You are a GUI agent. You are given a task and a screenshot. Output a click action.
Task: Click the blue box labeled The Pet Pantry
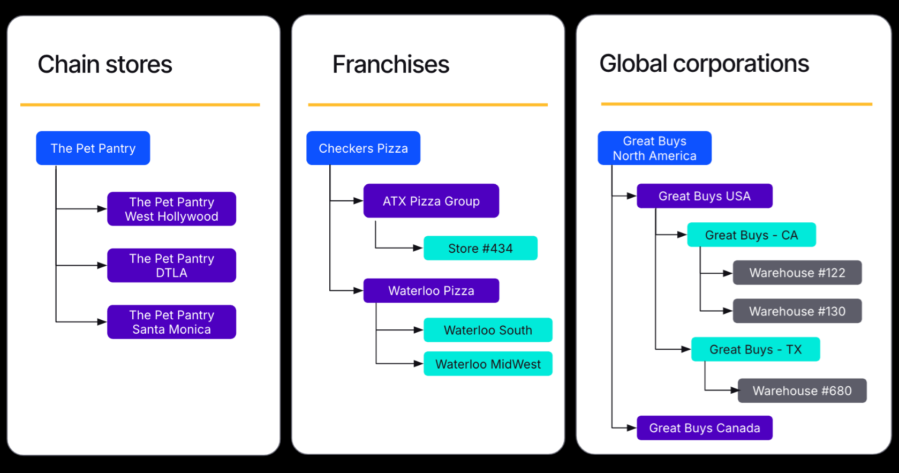point(93,148)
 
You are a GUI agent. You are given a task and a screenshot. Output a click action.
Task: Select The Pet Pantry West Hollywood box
point(171,209)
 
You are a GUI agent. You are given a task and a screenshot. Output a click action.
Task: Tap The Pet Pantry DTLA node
point(171,265)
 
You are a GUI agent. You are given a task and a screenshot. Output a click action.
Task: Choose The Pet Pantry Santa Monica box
point(171,322)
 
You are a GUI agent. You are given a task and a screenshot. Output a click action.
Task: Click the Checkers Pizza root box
point(363,148)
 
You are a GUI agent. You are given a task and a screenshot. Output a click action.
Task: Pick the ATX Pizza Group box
point(431,201)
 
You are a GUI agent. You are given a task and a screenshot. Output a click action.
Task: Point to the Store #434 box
point(480,248)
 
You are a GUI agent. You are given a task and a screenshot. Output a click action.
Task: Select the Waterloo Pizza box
point(431,290)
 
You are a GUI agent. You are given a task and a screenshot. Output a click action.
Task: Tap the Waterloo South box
point(488,330)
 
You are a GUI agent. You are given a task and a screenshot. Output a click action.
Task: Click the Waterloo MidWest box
point(488,364)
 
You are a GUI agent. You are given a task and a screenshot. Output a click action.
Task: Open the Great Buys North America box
point(654,148)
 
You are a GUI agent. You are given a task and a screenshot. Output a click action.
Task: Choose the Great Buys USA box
point(704,196)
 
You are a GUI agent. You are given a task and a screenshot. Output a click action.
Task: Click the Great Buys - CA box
point(751,235)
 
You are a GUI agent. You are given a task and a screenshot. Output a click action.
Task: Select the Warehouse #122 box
point(797,273)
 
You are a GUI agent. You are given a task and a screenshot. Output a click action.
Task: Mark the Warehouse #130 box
point(797,311)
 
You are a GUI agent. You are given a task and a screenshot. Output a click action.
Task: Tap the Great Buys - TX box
point(755,349)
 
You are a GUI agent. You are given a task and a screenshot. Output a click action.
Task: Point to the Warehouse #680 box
point(802,391)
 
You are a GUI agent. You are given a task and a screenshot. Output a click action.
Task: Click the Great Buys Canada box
point(704,428)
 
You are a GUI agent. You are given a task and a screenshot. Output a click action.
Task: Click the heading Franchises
point(390,64)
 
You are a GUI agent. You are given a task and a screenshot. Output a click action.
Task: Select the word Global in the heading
point(633,64)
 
